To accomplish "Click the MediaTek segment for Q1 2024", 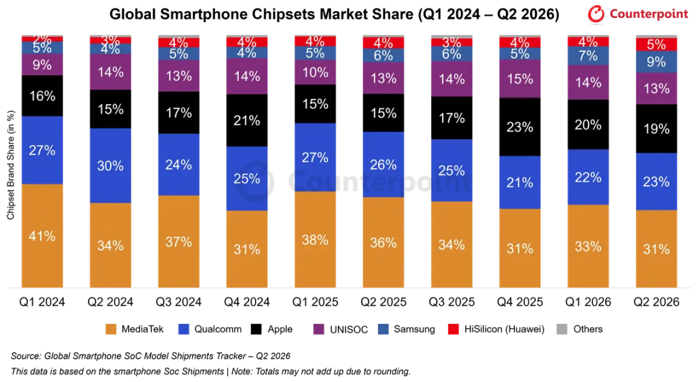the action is click(42, 236).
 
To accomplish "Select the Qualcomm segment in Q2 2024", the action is click(111, 166).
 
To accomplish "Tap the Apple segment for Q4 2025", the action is click(520, 127).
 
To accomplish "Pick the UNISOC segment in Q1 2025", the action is click(315, 73).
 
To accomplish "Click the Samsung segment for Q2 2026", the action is click(656, 62).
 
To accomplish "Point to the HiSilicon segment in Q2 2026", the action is click(656, 44).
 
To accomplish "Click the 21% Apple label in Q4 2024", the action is click(247, 120).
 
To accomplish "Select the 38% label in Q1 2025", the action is click(315, 240).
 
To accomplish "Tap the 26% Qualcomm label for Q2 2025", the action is click(383, 164).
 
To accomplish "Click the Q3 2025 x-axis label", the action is click(452, 302).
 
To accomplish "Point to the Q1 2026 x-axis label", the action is click(588, 302).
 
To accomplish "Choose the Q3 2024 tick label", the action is click(179, 302).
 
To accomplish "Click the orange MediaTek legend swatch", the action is click(111, 330).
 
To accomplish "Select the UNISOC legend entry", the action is click(340, 330).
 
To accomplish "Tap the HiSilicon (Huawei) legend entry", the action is click(496, 330).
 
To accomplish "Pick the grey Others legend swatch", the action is click(562, 330).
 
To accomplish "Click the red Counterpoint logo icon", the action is click(595, 14).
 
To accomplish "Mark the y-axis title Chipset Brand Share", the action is click(11, 165).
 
